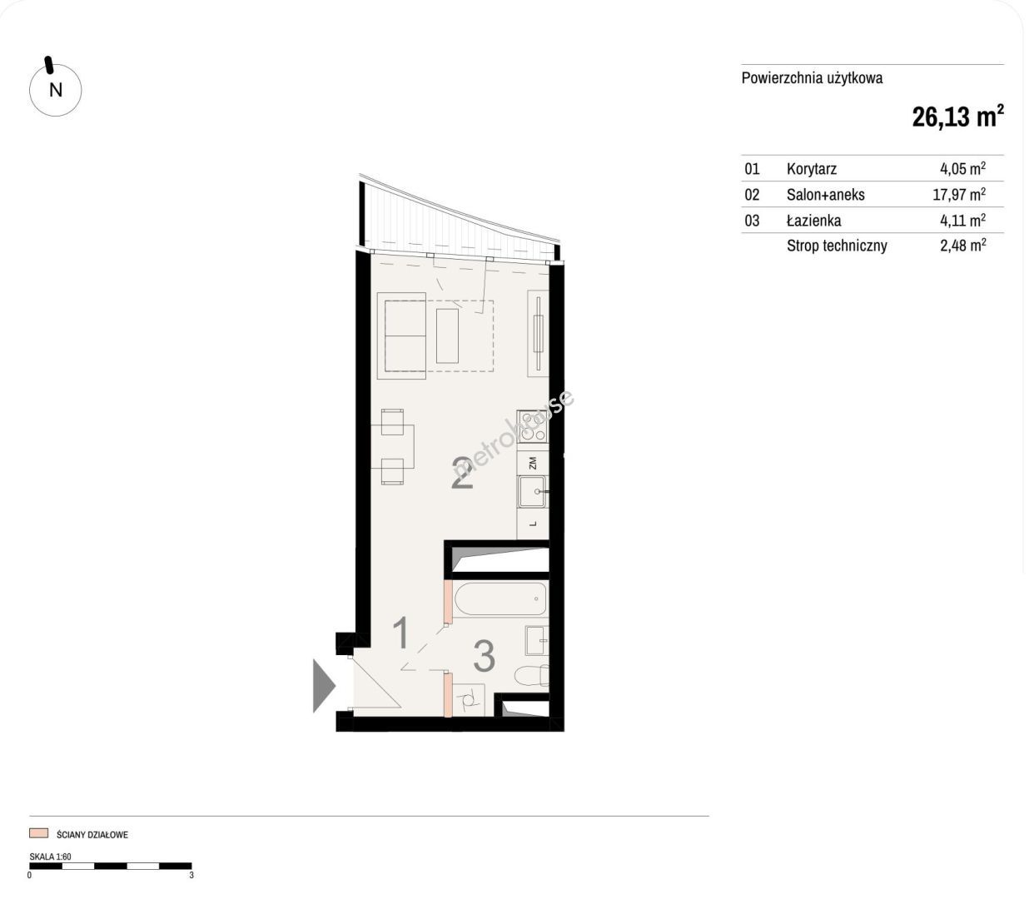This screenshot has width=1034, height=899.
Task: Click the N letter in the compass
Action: [56, 90]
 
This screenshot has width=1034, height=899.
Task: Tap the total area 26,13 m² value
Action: [957, 117]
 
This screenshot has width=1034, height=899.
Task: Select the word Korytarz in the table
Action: [811, 169]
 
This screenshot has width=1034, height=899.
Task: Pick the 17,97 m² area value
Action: [959, 195]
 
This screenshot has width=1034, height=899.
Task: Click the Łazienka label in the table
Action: [813, 221]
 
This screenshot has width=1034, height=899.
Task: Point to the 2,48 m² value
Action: [962, 246]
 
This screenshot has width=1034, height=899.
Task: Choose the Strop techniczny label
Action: [837, 246]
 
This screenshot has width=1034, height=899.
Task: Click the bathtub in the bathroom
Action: [500, 599]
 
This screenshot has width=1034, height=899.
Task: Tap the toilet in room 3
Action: [531, 676]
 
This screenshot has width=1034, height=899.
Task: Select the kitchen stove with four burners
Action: [532, 426]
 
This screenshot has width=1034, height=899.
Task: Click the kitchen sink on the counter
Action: [532, 491]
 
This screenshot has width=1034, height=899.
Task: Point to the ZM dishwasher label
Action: [533, 464]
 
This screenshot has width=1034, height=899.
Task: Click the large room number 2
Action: [462, 473]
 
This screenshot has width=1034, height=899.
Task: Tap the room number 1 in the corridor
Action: [401, 633]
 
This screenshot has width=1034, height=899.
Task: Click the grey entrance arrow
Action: [324, 686]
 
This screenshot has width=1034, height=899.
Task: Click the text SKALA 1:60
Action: [51, 857]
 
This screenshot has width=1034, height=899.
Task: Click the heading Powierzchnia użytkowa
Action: [813, 78]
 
